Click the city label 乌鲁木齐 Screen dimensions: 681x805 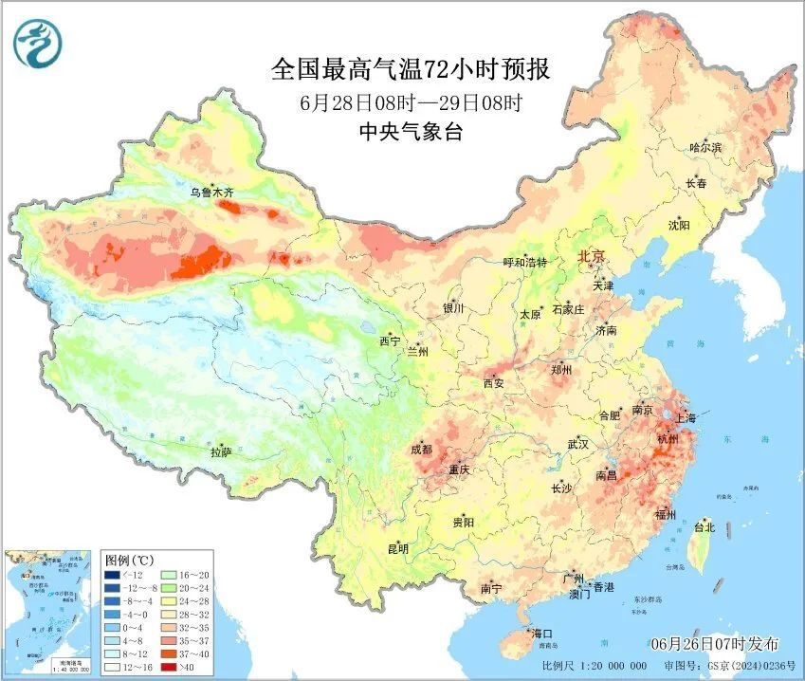point(210,193)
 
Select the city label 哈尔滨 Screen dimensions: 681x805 point(705,148)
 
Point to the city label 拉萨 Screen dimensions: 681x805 point(220,452)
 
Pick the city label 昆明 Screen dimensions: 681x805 point(397,548)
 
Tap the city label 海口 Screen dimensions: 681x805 point(542,633)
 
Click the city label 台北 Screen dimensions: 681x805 point(704,527)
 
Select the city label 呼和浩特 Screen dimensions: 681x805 point(524,263)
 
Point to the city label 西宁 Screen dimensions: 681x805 point(390,340)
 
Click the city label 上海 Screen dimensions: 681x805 point(685,418)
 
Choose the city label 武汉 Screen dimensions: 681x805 point(577,444)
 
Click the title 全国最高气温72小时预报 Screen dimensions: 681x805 point(411,70)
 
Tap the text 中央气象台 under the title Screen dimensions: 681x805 point(411,133)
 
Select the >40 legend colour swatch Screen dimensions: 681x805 point(169,667)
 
